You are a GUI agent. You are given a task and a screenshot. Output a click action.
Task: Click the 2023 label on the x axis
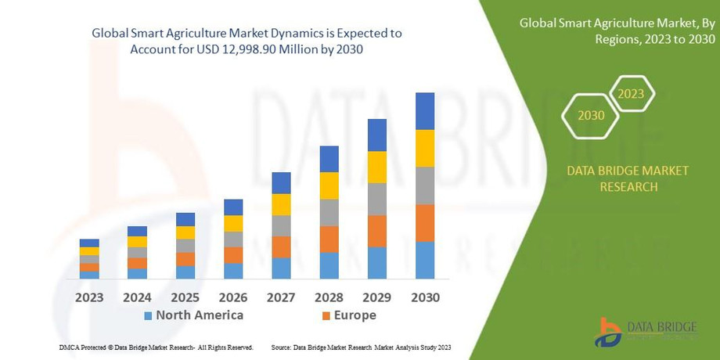pyautogui.click(x=89, y=297)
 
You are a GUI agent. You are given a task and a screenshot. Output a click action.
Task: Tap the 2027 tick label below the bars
pyautogui.click(x=281, y=297)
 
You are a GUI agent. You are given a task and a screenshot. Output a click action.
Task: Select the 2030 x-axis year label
pyautogui.click(x=425, y=297)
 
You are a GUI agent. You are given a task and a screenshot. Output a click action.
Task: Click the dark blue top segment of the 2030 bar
pyautogui.click(x=425, y=111)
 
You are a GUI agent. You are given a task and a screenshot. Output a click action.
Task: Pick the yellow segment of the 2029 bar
pyautogui.click(x=377, y=167)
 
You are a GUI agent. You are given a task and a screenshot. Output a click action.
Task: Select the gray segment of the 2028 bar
pyautogui.click(x=329, y=212)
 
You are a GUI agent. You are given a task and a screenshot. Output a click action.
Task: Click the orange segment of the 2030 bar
pyautogui.click(x=425, y=223)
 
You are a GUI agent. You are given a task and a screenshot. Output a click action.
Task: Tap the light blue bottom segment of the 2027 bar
pyautogui.click(x=281, y=268)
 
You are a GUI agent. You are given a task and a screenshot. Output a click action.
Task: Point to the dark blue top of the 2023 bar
pyautogui.click(x=89, y=243)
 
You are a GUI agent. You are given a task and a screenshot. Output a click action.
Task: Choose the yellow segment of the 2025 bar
pyautogui.click(x=185, y=232)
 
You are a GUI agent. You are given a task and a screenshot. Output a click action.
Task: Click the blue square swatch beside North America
pyautogui.click(x=147, y=316)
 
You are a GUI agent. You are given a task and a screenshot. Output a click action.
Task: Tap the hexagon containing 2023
pyautogui.click(x=631, y=94)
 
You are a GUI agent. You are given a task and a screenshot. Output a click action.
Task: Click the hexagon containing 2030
pyautogui.click(x=591, y=115)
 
